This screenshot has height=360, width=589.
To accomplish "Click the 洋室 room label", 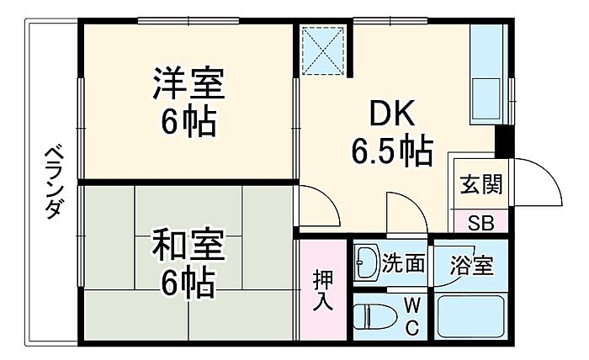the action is tap(188, 83).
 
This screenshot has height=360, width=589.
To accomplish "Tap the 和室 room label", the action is tap(188, 245).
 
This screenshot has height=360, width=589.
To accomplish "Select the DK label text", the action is tap(393, 113).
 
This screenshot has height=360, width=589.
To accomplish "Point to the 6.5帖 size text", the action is tap(392, 152).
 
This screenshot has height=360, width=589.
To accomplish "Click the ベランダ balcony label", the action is tap(53, 182).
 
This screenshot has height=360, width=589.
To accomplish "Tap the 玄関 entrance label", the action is tap(481, 184).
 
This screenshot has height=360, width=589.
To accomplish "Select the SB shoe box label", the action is tap(480, 224).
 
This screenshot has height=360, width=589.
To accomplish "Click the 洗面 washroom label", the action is tap(403, 263).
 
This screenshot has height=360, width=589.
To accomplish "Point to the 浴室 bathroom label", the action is tap(472, 265).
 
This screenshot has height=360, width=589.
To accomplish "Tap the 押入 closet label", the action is tap(323, 290).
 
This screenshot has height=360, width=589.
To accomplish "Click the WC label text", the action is tap(412, 316).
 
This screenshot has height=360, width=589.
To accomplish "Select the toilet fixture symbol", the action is tap(375, 316).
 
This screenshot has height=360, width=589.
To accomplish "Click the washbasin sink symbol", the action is tap(367, 262).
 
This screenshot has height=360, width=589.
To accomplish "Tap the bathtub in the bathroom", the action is tap(471, 316).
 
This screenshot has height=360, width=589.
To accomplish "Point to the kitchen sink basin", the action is tap(486, 98).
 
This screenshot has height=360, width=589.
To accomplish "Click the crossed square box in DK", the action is tap(323, 50).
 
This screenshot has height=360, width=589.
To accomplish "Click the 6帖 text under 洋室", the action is tap(188, 121).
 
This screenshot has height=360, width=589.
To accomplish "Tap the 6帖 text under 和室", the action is tap(188, 283).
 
